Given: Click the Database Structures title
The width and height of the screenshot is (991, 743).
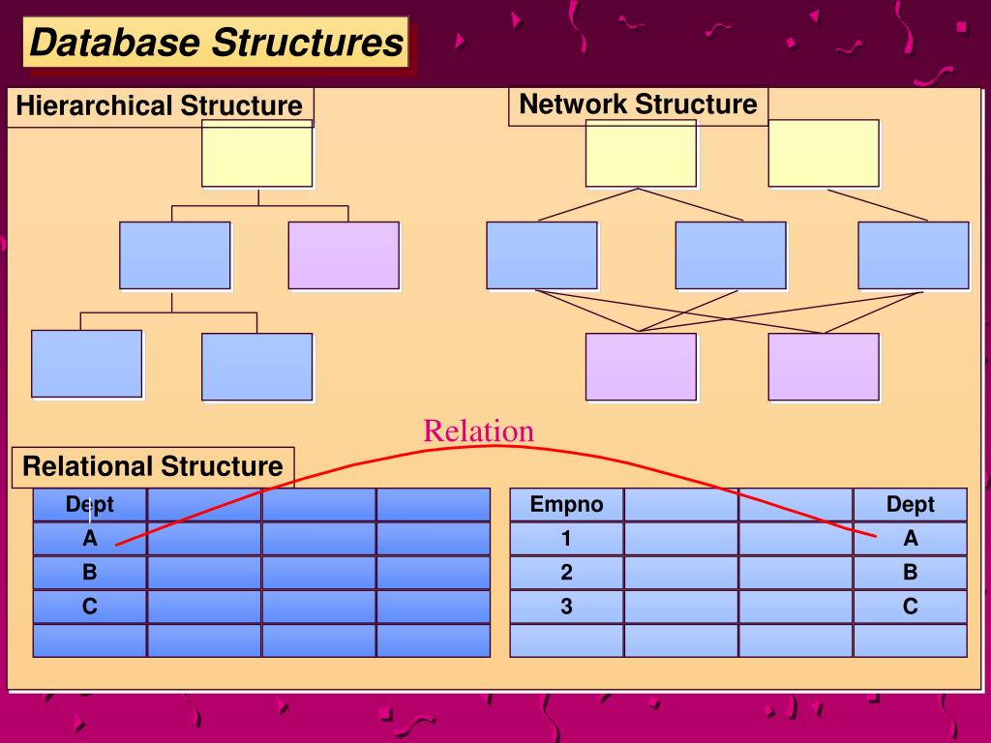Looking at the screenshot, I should coord(216,43).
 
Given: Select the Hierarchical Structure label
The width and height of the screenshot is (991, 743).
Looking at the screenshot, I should coord(159,105).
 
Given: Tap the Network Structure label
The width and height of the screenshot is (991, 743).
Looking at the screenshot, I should coord(638,104).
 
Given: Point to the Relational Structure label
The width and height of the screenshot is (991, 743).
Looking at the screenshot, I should coord(153,466).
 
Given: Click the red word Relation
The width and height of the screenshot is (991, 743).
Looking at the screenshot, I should coord(478,431).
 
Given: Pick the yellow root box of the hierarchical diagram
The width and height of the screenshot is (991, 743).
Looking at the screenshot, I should coord(256,153).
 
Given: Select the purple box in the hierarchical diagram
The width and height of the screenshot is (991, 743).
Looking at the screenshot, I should coord(344,255).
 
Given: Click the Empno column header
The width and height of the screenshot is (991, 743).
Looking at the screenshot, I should coord(566,504).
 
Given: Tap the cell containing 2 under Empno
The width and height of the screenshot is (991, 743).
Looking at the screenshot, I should coord(566,573).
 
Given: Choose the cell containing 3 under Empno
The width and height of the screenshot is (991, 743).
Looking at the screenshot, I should coord(566,607).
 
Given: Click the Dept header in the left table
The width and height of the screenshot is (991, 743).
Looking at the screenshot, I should coord(89,504).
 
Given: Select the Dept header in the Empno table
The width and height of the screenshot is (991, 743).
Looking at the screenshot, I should coord(910,504).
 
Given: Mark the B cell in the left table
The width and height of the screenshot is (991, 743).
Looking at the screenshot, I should coord(89,573).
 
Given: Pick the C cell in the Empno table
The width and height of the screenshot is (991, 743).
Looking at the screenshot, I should coord(910,607).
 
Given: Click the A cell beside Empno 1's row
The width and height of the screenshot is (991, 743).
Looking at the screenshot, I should coord(910,539).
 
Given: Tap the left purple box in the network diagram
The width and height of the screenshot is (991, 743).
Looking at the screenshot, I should coord(641,366).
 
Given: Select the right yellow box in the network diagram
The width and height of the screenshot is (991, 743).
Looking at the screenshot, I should coord(824,153).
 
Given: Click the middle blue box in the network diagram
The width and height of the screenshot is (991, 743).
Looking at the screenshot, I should coord(731,255).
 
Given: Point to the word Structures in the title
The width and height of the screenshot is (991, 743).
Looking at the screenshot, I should coord(307,43).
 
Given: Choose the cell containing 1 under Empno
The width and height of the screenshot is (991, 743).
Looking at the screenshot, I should coord(566,539).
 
